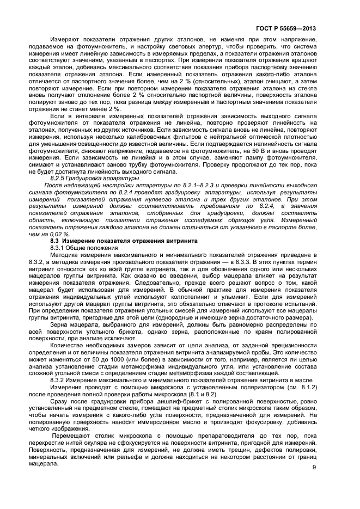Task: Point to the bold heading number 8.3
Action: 54,241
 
